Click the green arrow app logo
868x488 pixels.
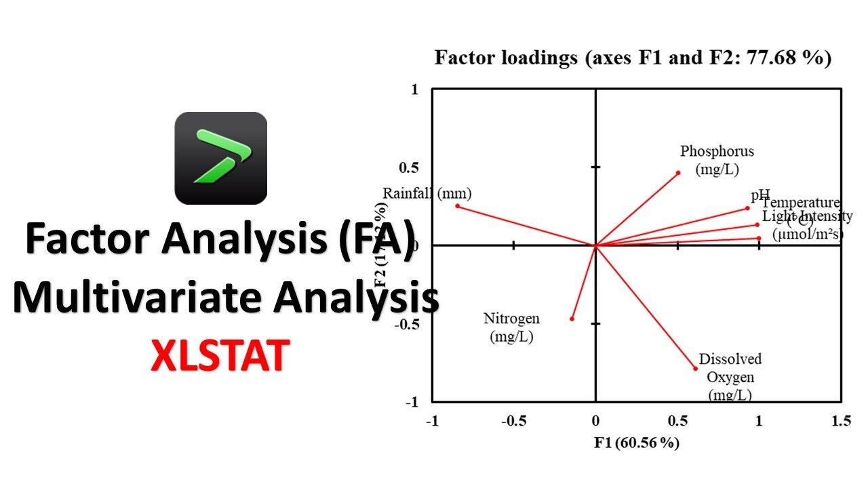point(221,158)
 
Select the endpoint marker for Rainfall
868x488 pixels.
point(457,205)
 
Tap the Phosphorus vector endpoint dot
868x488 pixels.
point(678,173)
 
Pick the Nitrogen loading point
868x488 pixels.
point(572,319)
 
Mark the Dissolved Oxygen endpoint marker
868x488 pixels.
point(696,368)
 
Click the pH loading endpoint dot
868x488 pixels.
point(747,208)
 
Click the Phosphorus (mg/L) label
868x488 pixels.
point(717,160)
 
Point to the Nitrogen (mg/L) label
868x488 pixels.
point(511,327)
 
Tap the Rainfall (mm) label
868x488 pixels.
point(427,193)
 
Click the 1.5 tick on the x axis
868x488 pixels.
point(841,421)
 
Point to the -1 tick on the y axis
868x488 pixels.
point(413,402)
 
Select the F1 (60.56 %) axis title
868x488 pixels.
point(637,443)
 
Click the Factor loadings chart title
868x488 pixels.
point(633,58)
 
